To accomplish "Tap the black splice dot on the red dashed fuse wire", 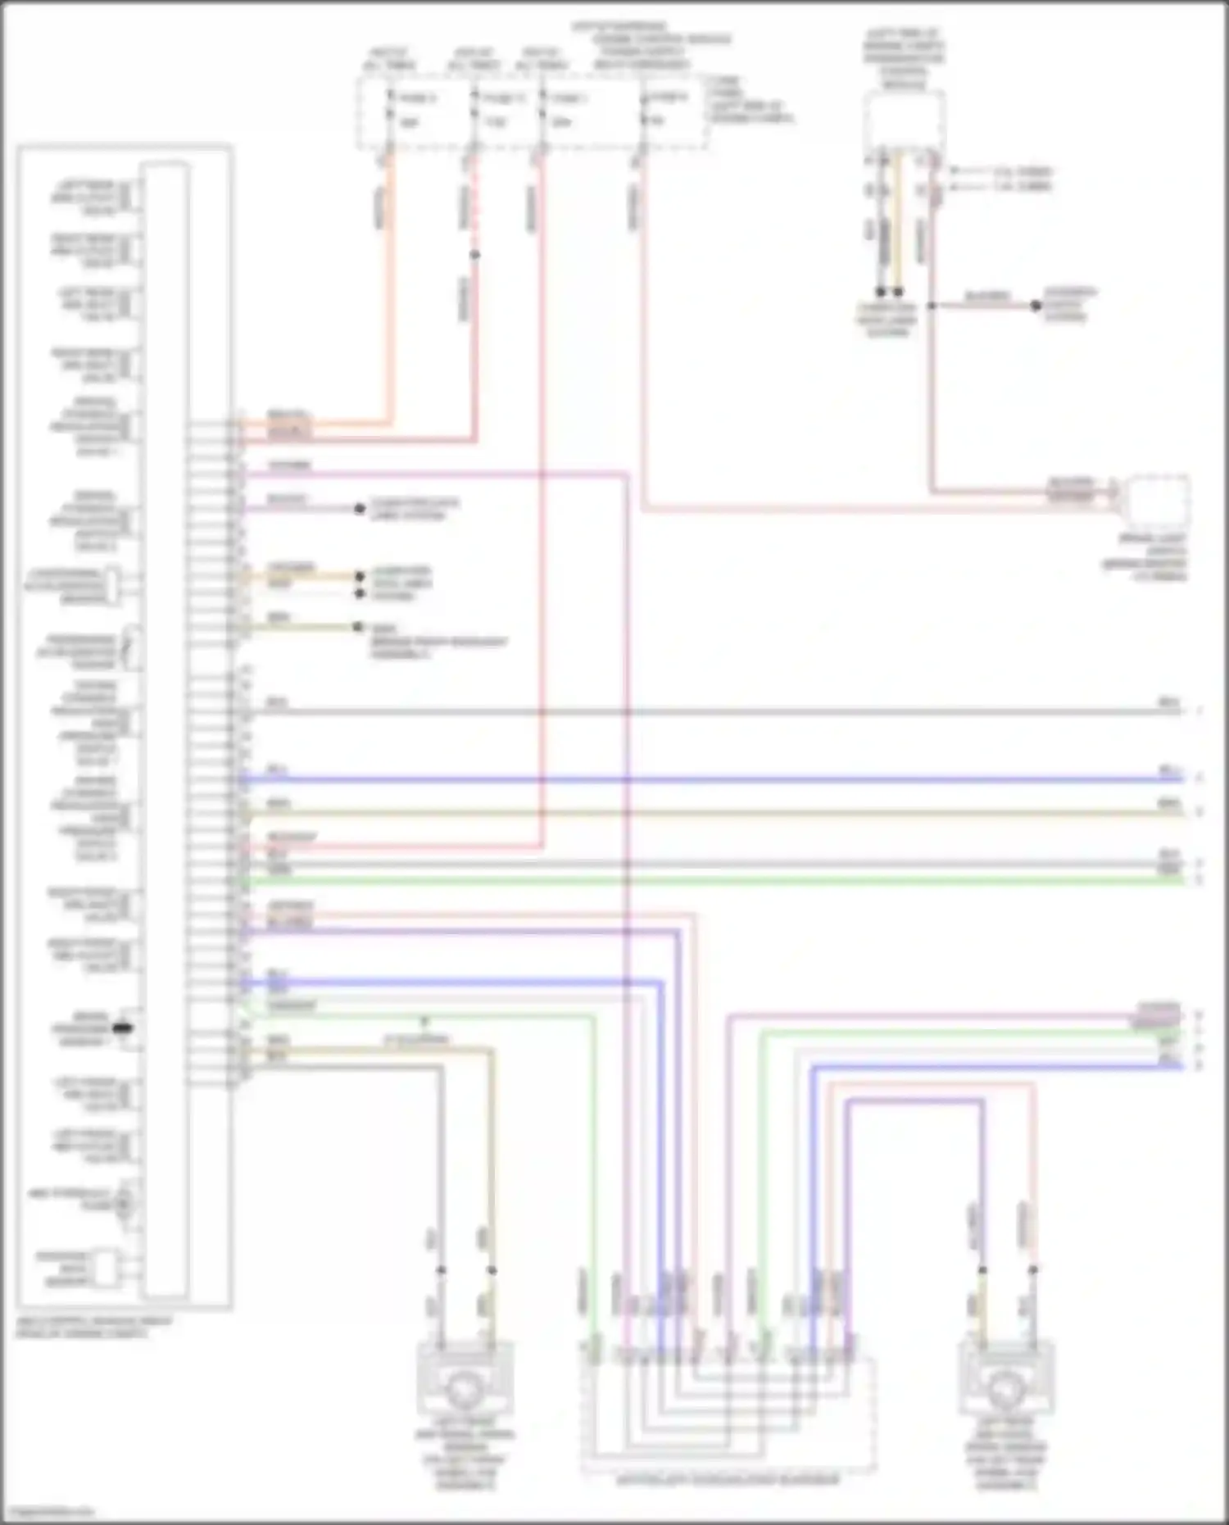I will [474, 255].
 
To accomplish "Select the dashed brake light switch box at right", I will [1158, 502].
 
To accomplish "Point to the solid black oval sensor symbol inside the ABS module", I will [122, 1028].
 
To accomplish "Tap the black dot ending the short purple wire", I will [359, 509].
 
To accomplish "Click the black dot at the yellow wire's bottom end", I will [899, 292].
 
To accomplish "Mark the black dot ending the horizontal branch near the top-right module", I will [1036, 306].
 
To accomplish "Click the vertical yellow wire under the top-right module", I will [899, 221].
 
